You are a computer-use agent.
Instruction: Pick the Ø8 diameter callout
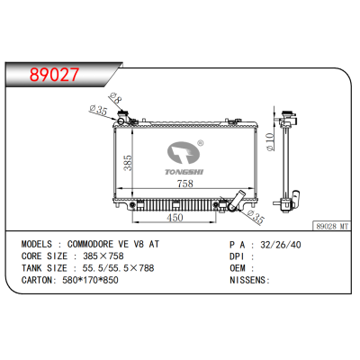click(114, 97)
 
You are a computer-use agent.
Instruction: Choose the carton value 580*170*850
click(101, 280)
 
